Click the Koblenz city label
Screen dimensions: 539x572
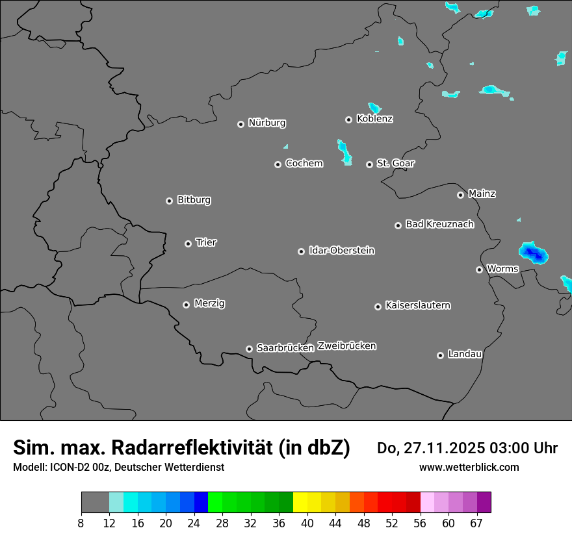click(375, 119)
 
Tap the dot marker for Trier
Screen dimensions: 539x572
click(188, 244)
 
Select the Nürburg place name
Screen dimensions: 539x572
click(267, 123)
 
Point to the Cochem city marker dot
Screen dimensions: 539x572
click(278, 164)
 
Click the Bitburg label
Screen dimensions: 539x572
click(194, 200)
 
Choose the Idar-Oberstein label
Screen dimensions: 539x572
click(342, 251)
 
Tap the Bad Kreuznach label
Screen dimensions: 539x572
click(439, 224)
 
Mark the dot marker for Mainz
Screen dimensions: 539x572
click(460, 195)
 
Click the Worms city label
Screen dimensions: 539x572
click(502, 269)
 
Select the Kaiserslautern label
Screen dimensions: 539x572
click(418, 305)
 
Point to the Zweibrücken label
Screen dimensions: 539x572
click(346, 346)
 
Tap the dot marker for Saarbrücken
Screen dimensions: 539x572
click(249, 349)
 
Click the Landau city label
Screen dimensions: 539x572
click(465, 354)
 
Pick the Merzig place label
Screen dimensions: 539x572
click(209, 303)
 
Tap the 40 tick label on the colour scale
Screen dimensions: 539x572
click(307, 523)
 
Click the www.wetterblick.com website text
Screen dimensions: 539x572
click(469, 467)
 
